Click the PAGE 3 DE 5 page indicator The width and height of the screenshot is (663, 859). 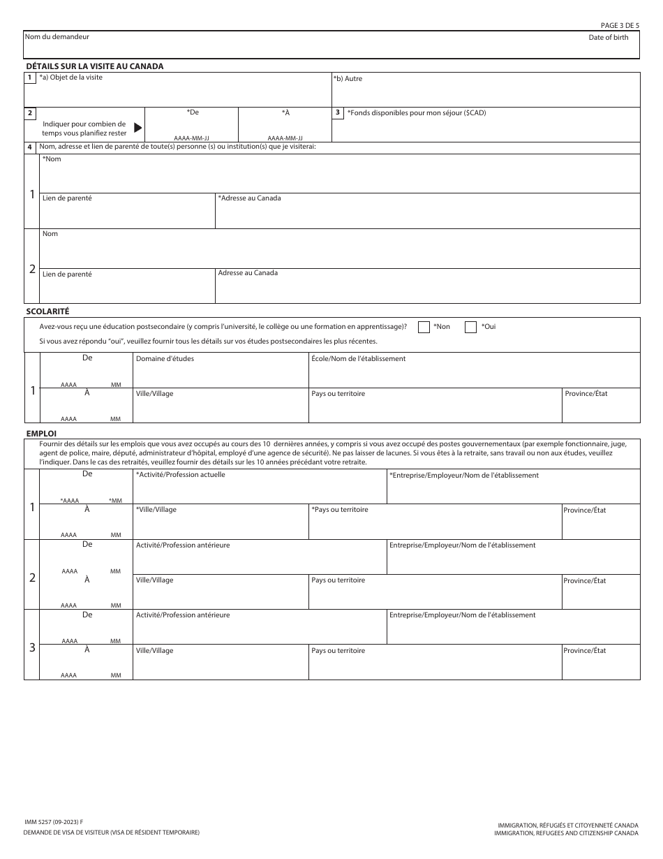[620, 25]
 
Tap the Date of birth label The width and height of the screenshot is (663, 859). [608, 37]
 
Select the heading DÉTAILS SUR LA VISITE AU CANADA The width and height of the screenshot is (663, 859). [94, 66]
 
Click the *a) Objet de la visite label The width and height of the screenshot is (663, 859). [70, 78]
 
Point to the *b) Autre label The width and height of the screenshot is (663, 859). [348, 79]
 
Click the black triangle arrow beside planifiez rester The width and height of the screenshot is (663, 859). [137, 128]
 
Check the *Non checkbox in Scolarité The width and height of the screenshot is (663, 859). [424, 327]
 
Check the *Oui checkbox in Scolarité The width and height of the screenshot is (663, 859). [470, 327]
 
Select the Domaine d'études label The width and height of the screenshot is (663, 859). [165, 359]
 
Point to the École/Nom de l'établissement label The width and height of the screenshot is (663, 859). [358, 359]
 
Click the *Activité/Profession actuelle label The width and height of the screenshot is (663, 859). [180, 475]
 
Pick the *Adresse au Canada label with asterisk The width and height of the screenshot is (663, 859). [249, 198]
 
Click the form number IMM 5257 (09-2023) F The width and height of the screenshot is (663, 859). [52, 823]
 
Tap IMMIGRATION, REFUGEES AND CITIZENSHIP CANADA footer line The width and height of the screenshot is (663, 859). [566, 833]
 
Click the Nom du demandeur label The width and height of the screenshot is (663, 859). [57, 36]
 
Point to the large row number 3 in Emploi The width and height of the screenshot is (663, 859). [31, 647]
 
